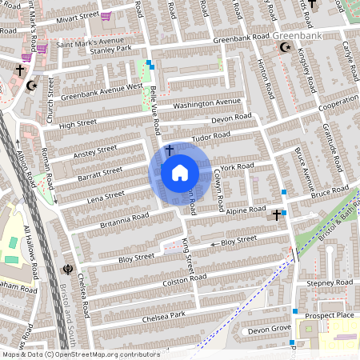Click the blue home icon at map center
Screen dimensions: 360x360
(x=180, y=172)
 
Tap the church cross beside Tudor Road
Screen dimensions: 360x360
(x=169, y=150)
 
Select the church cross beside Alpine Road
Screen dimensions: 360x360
(x=277, y=214)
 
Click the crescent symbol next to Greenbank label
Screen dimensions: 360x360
(x=284, y=48)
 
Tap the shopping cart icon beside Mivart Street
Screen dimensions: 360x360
(x=106, y=15)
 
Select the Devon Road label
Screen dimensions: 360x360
(x=231, y=118)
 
